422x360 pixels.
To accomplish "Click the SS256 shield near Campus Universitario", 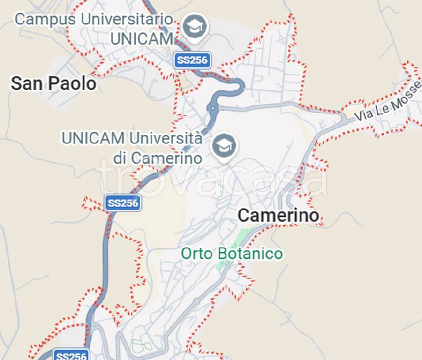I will click(192, 60).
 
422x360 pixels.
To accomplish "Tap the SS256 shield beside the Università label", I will click(123, 203).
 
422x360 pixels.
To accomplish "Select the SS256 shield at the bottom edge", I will click(71, 355).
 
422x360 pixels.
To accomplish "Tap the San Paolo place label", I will click(53, 84).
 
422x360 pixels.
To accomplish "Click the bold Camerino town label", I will click(279, 216).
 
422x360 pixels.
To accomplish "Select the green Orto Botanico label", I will click(232, 254).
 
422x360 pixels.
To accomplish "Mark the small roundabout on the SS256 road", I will click(213, 108).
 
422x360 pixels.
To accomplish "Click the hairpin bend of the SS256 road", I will click(240, 85).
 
